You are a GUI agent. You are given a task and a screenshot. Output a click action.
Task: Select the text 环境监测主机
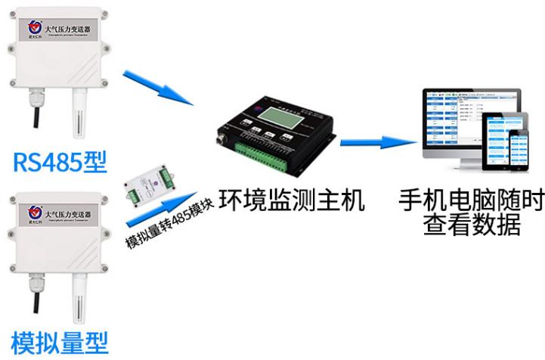click(x=292, y=201)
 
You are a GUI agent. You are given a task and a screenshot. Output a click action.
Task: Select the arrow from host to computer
click(x=379, y=141)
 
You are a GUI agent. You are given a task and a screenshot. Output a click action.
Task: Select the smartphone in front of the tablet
click(x=518, y=151)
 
